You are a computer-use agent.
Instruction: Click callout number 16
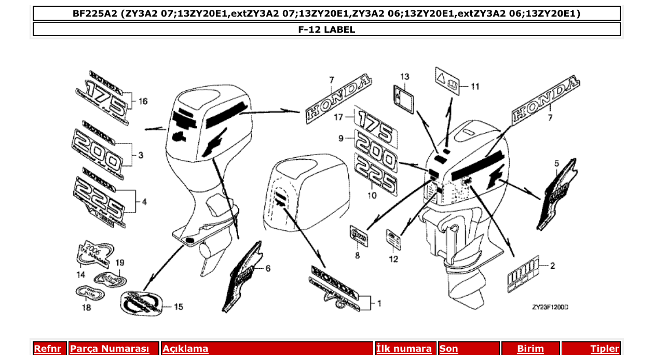(143, 101)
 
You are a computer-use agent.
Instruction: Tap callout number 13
(404, 77)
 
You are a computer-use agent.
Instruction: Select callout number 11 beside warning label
(475, 87)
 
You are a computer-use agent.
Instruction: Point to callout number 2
(552, 266)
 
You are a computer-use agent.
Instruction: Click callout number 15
(178, 307)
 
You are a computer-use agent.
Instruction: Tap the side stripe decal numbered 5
(558, 195)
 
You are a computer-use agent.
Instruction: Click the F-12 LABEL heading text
(326, 30)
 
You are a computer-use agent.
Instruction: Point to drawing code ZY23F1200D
(550, 307)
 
